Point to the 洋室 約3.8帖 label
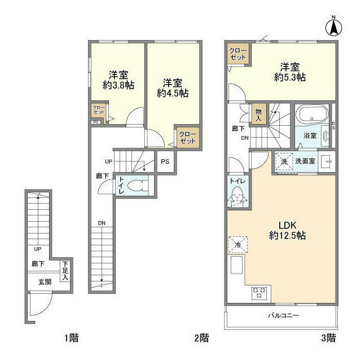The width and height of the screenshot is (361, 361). (x=118, y=79)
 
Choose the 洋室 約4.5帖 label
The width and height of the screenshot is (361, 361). (x=173, y=86)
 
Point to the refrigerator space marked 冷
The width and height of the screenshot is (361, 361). (x=238, y=245)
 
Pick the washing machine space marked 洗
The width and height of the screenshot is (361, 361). (x=284, y=161)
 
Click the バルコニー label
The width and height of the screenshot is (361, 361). (x=283, y=315)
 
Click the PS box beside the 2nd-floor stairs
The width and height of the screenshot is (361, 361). (x=165, y=161)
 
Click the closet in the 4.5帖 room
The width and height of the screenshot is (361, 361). (x=187, y=138)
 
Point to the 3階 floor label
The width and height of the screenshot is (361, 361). (x=328, y=338)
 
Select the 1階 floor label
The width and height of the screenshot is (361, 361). (x=70, y=338)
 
